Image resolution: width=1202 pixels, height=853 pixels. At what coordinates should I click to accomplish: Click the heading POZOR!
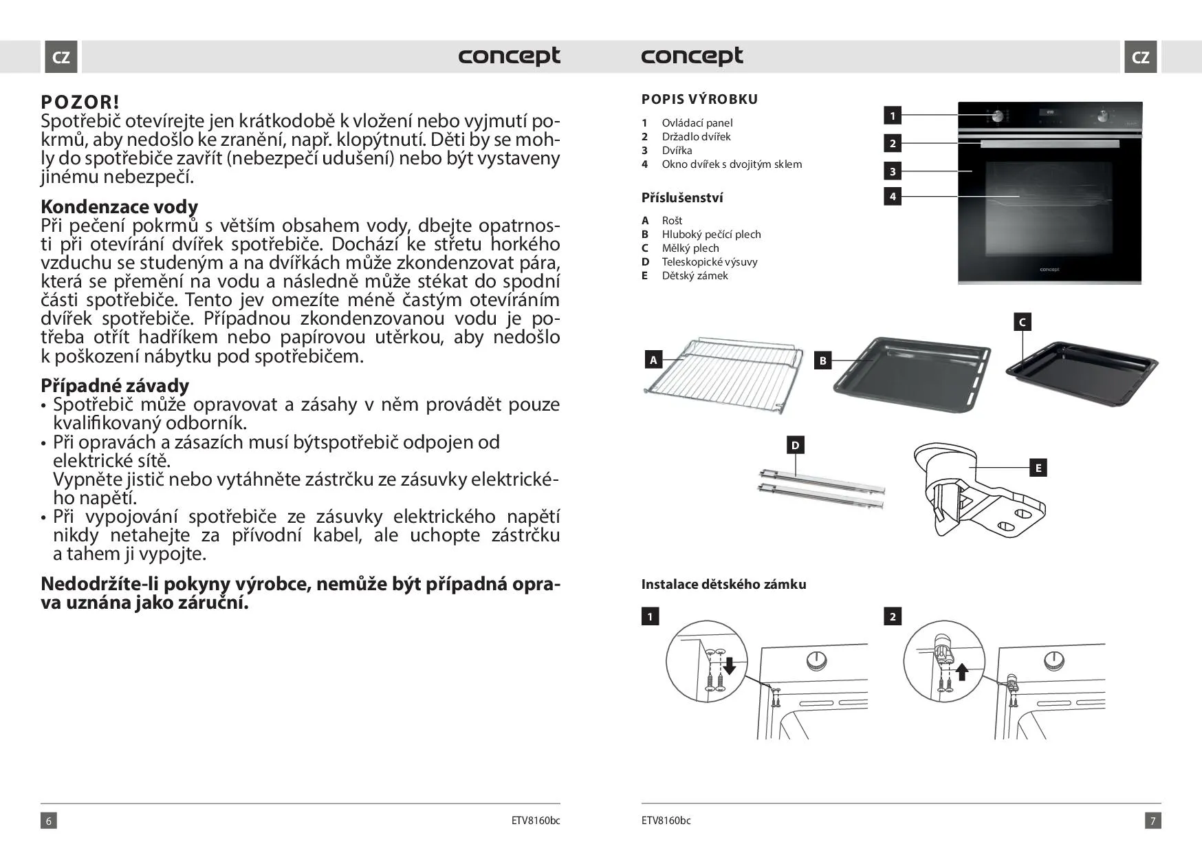point(80,102)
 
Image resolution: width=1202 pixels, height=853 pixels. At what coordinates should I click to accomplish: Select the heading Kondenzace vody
point(119,206)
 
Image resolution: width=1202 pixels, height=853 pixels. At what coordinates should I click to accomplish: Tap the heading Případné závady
point(114,385)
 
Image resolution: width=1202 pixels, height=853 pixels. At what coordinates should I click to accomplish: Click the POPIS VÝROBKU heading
point(699,99)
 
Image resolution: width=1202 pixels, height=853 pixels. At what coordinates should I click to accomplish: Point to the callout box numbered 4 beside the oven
point(893,197)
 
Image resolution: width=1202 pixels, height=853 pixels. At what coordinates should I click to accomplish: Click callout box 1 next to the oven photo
point(893,116)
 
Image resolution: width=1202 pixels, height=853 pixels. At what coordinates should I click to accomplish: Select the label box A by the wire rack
point(653,360)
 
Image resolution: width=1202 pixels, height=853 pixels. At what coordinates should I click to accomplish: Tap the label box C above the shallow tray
point(1022,322)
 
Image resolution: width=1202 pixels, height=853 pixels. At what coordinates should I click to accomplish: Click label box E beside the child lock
point(1038,468)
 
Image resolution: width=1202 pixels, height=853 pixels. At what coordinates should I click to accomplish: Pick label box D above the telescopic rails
point(795,446)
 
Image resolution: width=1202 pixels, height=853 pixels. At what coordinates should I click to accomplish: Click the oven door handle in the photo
point(1049,144)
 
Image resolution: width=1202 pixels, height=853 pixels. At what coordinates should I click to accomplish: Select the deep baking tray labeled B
point(911,375)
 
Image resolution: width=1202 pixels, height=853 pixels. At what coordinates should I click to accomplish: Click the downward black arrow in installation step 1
point(730,666)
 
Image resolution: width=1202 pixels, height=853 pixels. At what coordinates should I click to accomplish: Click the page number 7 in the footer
point(1153,820)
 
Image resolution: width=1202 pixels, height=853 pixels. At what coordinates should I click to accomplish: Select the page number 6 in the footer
point(48,820)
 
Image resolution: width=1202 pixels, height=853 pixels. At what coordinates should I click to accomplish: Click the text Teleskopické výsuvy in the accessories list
point(709,262)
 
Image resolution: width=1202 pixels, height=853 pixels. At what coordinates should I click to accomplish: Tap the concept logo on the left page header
point(509,56)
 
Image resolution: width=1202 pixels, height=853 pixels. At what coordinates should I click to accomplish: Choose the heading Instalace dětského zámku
point(723,584)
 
